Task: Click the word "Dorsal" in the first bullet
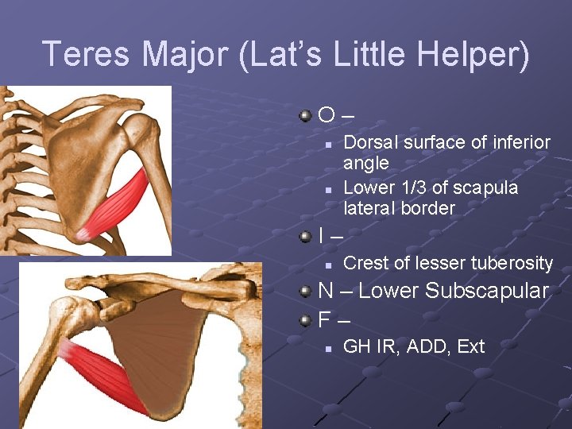coord(370,142)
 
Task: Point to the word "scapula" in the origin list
coord(489,187)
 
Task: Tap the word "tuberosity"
coord(512,263)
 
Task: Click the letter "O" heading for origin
coord(327,116)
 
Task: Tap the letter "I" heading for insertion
coord(321,236)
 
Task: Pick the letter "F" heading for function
coord(324,320)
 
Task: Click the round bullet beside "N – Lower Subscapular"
coord(305,292)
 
